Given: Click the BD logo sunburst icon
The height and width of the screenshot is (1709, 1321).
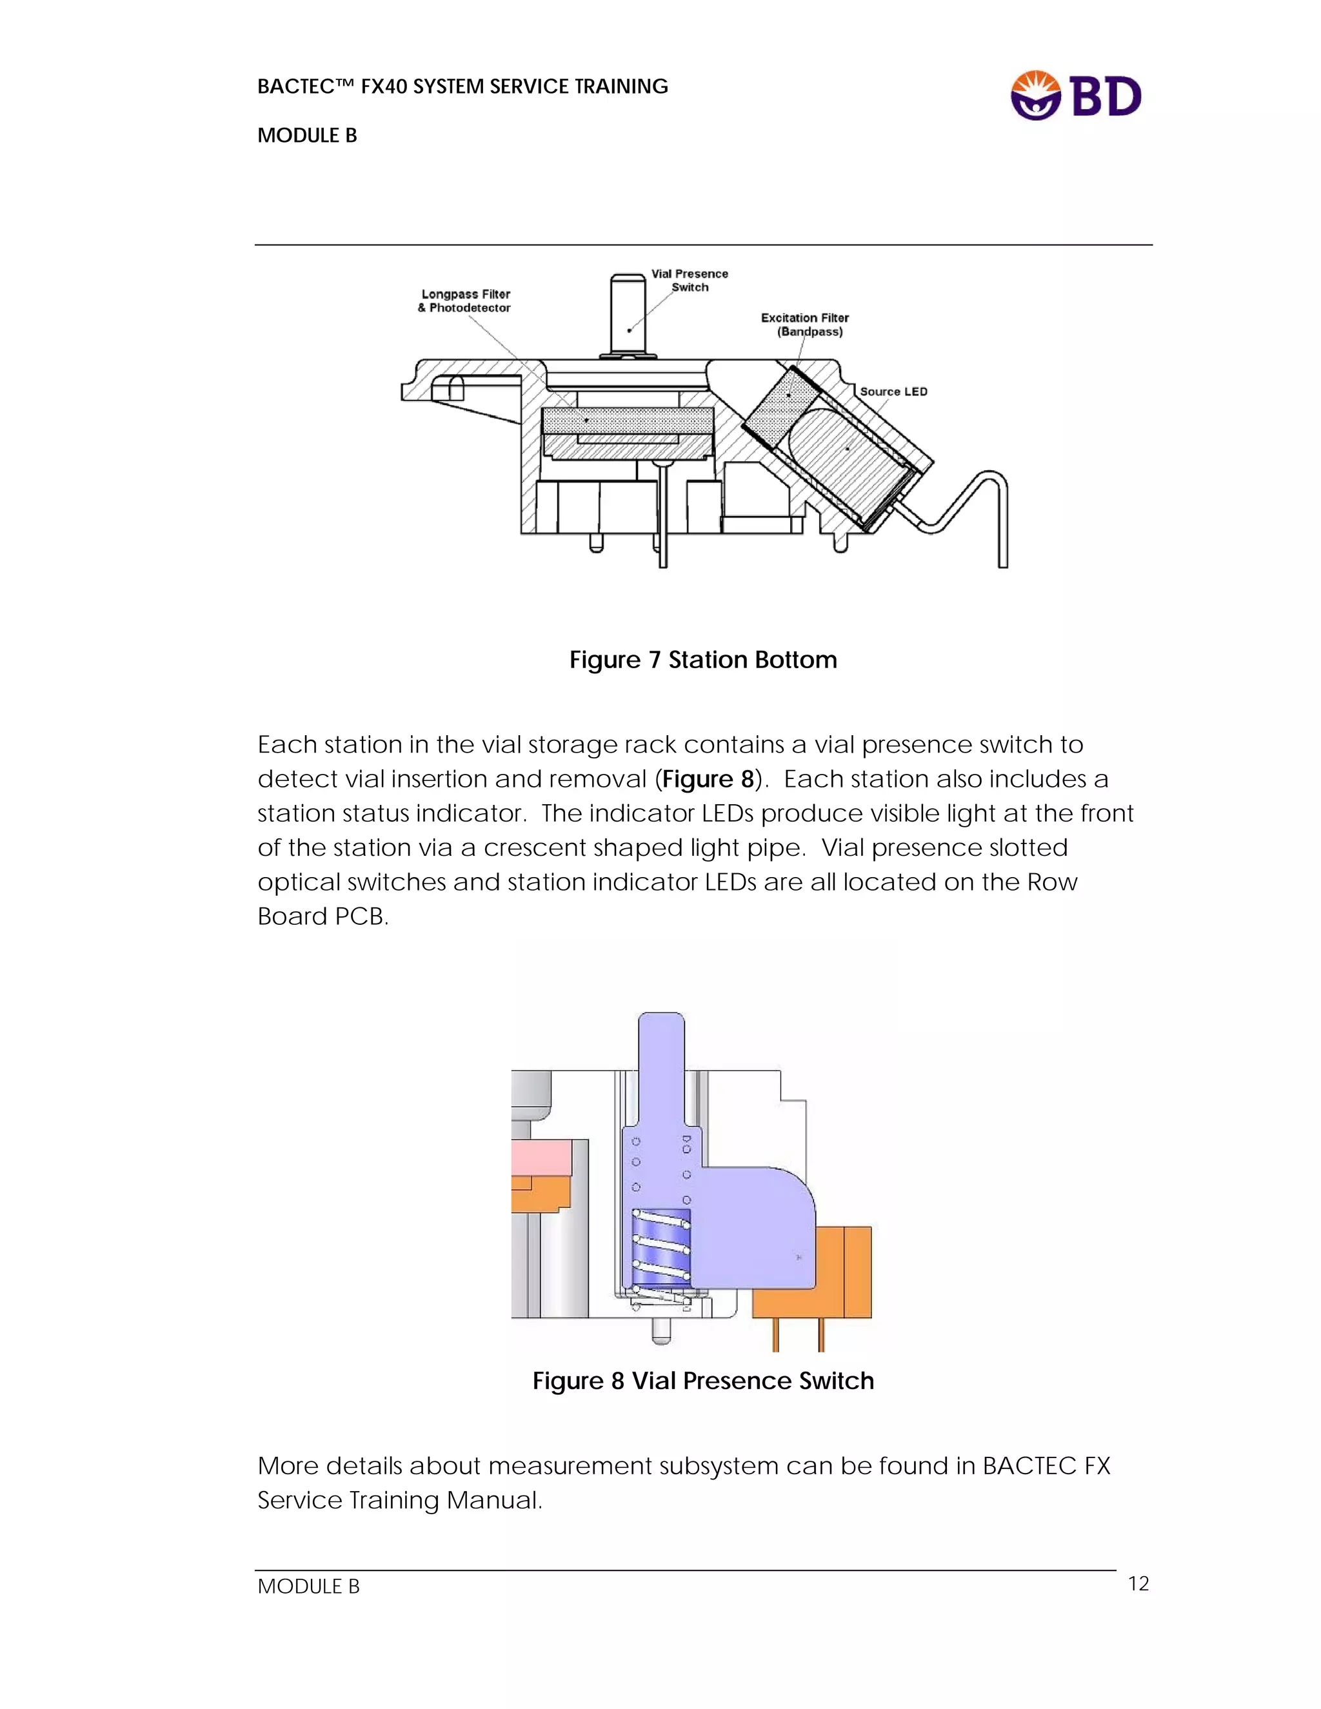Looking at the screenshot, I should pyautogui.click(x=1035, y=95).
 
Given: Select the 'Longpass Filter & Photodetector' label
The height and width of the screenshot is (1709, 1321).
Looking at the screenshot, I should pyautogui.click(x=465, y=301).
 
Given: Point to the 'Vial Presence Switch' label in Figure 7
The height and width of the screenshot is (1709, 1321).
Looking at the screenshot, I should pyautogui.click(x=690, y=280).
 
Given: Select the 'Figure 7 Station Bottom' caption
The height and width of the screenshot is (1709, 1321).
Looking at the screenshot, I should pyautogui.click(x=703, y=660).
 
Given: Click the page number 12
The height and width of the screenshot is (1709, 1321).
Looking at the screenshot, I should pyautogui.click(x=1138, y=1583).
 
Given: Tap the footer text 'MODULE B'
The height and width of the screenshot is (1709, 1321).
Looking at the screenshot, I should pyautogui.click(x=308, y=1586).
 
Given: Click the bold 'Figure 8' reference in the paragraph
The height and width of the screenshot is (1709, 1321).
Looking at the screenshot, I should pyautogui.click(x=708, y=780).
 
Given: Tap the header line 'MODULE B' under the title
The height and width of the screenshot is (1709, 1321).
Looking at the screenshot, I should pyautogui.click(x=307, y=136).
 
